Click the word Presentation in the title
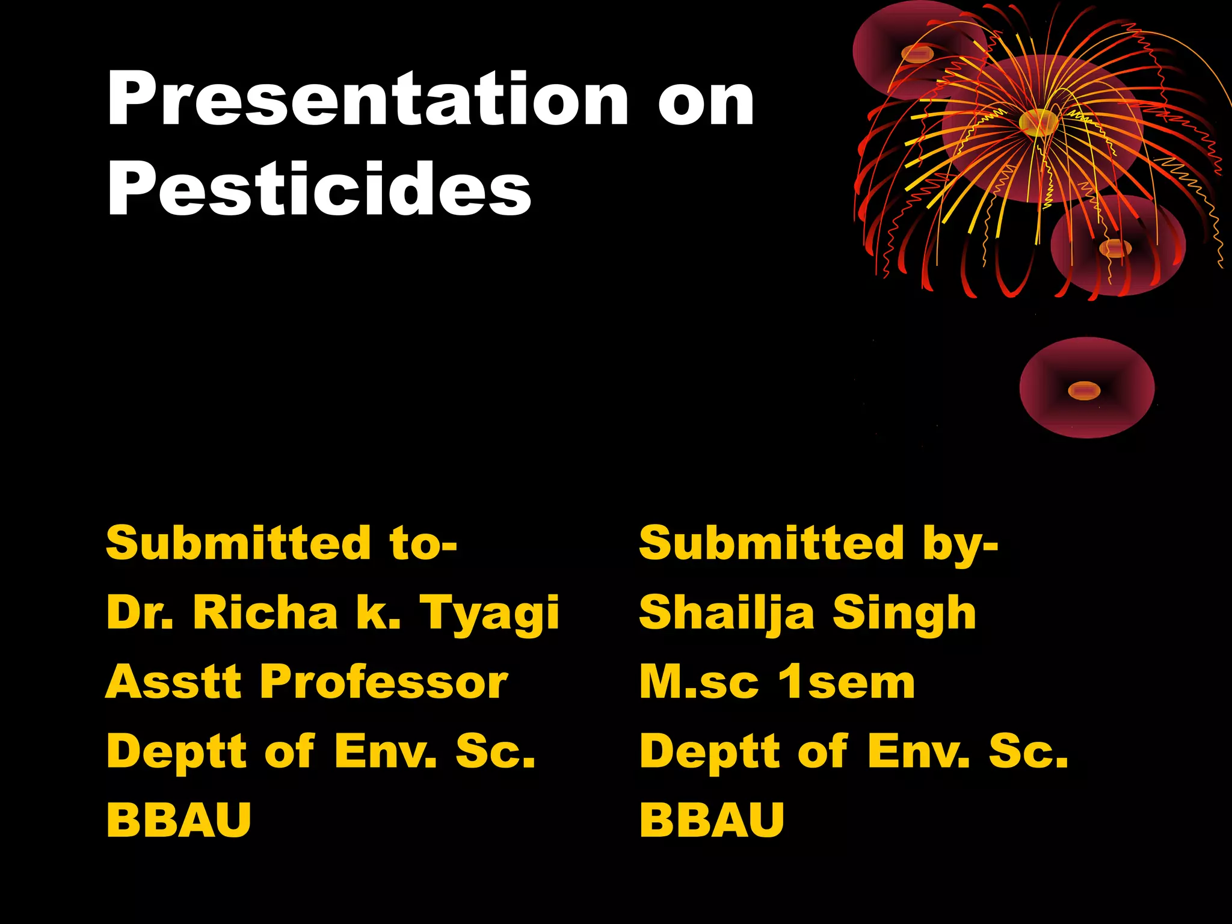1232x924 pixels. tap(368, 99)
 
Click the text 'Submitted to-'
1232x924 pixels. tap(282, 543)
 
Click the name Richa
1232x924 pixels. tap(265, 612)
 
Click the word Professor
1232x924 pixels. tap(384, 683)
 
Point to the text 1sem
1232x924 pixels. tap(846, 683)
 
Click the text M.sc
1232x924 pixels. tap(698, 683)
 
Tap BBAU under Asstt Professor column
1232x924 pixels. tap(179, 820)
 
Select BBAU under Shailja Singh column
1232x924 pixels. tap(712, 820)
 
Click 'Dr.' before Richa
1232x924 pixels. tap(140, 612)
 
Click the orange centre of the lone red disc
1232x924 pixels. tap(1084, 391)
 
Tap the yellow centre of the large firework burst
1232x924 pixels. tap(1038, 122)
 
